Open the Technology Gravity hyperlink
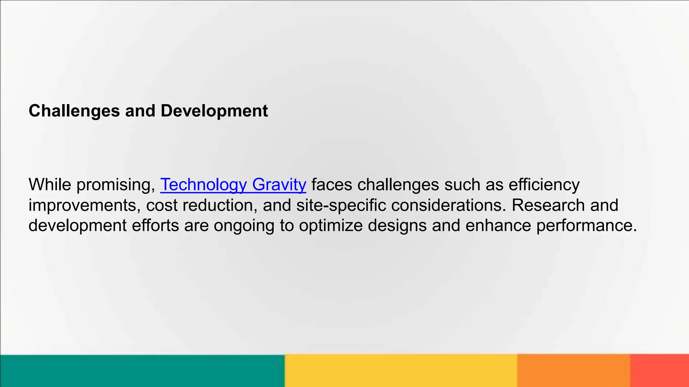click(x=233, y=185)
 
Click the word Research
click(x=548, y=205)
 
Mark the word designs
click(x=397, y=225)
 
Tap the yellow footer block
click(x=400, y=371)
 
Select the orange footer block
click(x=573, y=371)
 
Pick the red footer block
click(x=659, y=371)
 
